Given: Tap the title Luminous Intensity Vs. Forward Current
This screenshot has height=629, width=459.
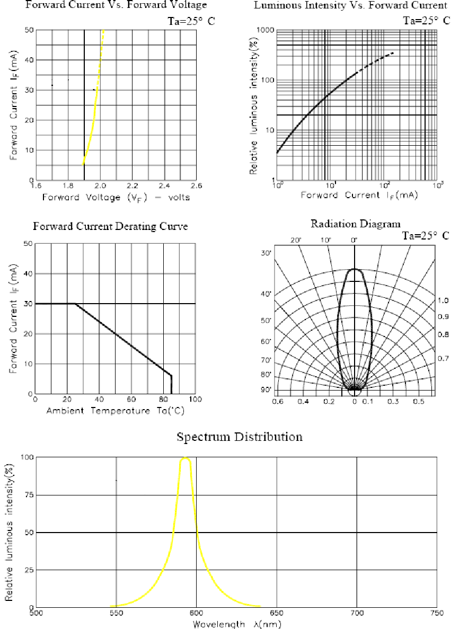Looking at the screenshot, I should point(350,6).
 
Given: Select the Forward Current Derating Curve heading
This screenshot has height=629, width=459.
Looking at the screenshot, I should point(110,226).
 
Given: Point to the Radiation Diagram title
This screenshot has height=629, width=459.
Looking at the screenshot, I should point(355,224).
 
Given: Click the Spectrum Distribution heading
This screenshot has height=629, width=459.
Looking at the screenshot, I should point(240,437).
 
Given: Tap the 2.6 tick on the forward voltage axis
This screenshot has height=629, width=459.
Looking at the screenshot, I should point(196,187).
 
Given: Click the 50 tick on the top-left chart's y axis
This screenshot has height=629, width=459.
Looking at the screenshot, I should point(30,30).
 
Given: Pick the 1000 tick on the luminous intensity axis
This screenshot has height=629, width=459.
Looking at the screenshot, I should point(264,30).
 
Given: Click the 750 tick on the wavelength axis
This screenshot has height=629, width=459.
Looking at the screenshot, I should point(436,614).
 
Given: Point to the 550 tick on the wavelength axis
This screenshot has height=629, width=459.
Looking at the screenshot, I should point(116,614).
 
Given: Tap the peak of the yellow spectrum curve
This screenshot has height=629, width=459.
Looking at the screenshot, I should point(186,458).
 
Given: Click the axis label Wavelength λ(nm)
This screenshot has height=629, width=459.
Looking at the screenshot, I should point(236,624).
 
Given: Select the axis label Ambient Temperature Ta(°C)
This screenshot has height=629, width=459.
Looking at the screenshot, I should point(115,411).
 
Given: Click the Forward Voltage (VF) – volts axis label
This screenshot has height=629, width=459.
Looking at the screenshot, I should point(118,197).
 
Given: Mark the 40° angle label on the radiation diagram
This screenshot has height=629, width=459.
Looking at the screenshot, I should point(266,294).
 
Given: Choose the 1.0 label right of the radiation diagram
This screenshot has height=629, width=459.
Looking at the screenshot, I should point(444,300).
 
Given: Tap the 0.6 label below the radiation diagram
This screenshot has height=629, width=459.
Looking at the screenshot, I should point(277,402).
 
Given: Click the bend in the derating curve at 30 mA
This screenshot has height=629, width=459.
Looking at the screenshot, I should point(75,304).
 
